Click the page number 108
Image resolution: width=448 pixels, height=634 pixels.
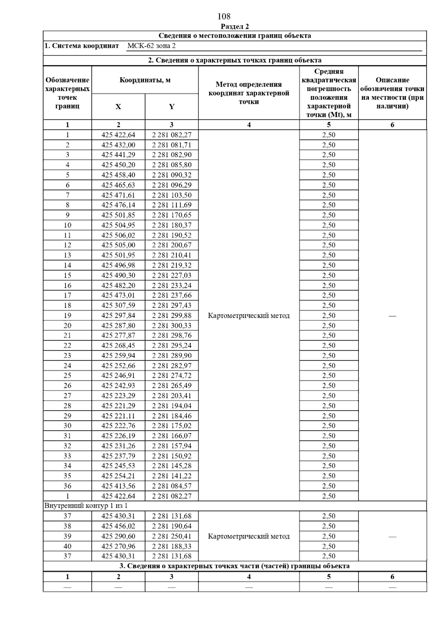tap(224, 16)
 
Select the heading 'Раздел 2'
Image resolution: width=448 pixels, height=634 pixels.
tap(235, 26)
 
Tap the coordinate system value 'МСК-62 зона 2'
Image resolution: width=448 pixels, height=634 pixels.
tap(151, 46)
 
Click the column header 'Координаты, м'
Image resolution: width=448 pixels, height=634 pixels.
tap(145, 80)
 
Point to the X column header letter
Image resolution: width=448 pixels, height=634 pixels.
tap(118, 107)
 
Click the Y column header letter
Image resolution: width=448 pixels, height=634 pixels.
tap(171, 107)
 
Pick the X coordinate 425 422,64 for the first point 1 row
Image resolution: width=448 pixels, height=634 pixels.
tap(118, 135)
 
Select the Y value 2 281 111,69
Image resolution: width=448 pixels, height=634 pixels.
tap(171, 205)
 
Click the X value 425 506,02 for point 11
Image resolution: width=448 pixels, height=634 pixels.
tap(118, 235)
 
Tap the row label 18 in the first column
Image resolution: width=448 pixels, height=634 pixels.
tap(67, 305)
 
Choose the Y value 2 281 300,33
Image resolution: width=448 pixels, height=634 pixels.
tap(171, 326)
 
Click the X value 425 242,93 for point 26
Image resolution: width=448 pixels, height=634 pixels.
tap(118, 386)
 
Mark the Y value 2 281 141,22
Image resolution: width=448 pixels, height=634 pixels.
tap(171, 476)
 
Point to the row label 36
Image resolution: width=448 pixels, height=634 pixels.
tap(67, 486)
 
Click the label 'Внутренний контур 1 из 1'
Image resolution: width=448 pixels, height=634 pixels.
tap(86, 506)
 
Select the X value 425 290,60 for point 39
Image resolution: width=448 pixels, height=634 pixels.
tap(118, 536)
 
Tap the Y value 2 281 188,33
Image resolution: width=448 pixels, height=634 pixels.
tap(171, 546)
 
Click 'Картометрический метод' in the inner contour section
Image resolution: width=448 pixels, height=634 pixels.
tap(249, 537)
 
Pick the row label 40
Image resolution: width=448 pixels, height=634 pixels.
tap(67, 546)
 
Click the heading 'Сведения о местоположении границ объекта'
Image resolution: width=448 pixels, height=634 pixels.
tap(235, 36)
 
